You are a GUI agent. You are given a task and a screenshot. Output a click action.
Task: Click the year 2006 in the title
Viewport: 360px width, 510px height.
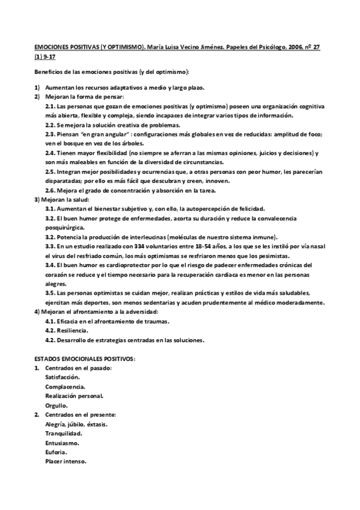(291, 46)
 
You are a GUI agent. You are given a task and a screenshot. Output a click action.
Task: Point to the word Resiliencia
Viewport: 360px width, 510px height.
(72, 330)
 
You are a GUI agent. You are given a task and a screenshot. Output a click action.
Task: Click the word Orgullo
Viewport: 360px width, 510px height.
(56, 405)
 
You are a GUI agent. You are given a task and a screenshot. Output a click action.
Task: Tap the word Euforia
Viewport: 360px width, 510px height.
(56, 452)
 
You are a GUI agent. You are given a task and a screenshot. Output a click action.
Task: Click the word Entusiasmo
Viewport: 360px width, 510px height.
(62, 443)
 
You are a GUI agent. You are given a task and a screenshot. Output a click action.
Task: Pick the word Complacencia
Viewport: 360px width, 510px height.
(65, 386)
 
